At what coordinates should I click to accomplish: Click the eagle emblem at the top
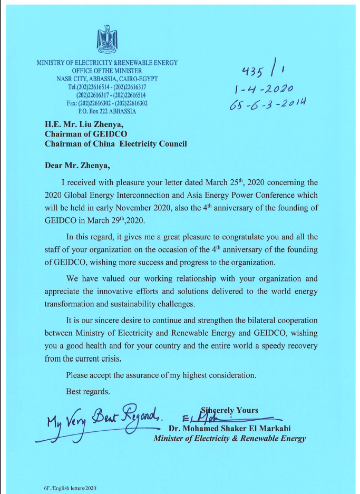107,38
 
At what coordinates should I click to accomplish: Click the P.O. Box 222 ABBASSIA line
107,111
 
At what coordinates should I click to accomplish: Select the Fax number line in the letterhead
107,103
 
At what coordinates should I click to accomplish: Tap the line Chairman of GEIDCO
86,134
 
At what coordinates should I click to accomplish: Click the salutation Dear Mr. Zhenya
78,165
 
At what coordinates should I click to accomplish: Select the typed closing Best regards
88,392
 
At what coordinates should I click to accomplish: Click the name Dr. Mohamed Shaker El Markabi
236,428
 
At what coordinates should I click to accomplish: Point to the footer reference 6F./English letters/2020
72,489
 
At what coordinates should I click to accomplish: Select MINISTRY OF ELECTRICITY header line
107,63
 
